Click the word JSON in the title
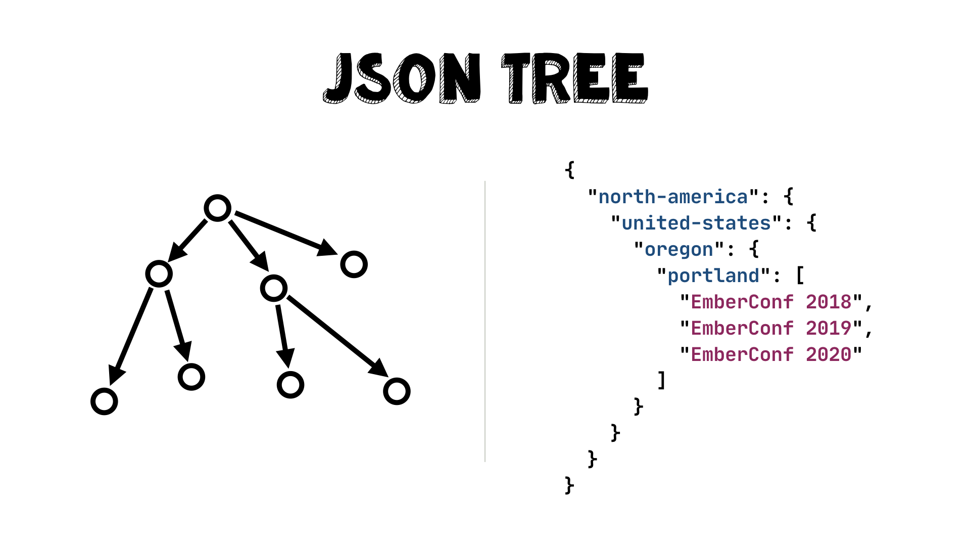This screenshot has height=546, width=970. click(402, 78)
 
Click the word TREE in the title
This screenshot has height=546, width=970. click(574, 78)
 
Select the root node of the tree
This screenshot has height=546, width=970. click(218, 208)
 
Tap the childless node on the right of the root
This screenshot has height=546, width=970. click(354, 264)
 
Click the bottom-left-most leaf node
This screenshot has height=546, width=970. click(104, 401)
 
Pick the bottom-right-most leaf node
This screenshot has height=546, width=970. click(397, 391)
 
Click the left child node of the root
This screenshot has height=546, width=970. click(159, 274)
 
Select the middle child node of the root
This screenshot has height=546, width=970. click(274, 288)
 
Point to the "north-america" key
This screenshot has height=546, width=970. click(673, 197)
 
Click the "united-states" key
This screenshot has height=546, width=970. click(696, 223)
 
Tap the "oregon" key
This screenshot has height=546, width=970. click(679, 249)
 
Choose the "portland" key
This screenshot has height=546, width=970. click(713, 276)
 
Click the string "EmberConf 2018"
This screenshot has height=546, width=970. click(771, 302)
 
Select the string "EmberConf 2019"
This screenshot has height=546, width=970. click(771, 328)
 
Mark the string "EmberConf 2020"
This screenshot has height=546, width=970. click(771, 354)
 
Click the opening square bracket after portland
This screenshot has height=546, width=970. click(800, 276)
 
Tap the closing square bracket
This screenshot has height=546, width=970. click(661, 380)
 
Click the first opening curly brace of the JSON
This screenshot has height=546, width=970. click(570, 170)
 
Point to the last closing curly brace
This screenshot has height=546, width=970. click(569, 485)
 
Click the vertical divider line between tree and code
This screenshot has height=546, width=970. click(485, 322)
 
